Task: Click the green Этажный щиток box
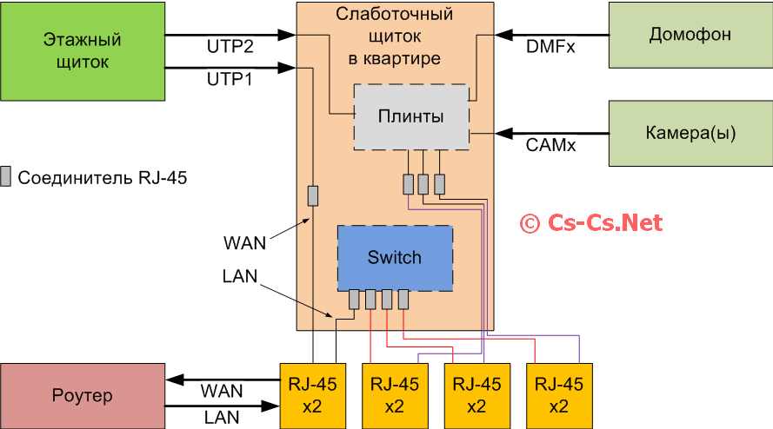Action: coord(82,50)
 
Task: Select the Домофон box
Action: coord(690,35)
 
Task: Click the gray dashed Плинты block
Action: coord(411,116)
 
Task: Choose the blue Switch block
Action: coord(395,258)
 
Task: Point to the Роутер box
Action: coord(82,396)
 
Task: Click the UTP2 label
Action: coord(230,46)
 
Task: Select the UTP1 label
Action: coord(230,79)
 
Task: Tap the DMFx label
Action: coord(550,46)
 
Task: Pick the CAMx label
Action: coord(550,145)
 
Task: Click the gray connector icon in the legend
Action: coord(6,177)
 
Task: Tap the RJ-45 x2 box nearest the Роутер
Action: coord(313,396)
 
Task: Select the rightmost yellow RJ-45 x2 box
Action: coord(559,396)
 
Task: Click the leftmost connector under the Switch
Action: coord(354,300)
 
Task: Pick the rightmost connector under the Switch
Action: coord(403,300)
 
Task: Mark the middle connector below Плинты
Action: coord(423,184)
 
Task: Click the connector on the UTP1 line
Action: coord(313,196)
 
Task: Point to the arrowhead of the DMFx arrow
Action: coord(502,35)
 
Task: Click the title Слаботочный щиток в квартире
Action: coord(395,36)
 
